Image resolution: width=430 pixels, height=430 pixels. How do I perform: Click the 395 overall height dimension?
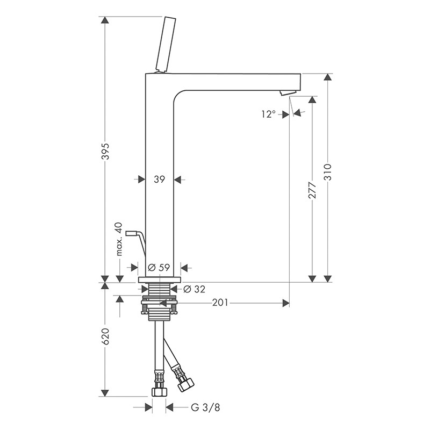(105, 151)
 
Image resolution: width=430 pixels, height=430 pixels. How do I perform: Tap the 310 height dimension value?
(327, 172)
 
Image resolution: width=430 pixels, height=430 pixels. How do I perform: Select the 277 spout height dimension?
(312, 190)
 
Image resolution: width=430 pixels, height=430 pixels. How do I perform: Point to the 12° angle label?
(268, 114)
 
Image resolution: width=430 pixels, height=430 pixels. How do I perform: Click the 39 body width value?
(159, 180)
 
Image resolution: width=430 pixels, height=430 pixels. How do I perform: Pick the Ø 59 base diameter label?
(159, 267)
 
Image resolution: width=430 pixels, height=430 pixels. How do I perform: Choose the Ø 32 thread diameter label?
(194, 289)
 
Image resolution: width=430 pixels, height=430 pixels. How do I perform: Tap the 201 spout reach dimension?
(220, 303)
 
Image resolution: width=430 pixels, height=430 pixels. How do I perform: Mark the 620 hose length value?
(105, 336)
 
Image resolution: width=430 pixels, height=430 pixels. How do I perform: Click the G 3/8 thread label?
(205, 408)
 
